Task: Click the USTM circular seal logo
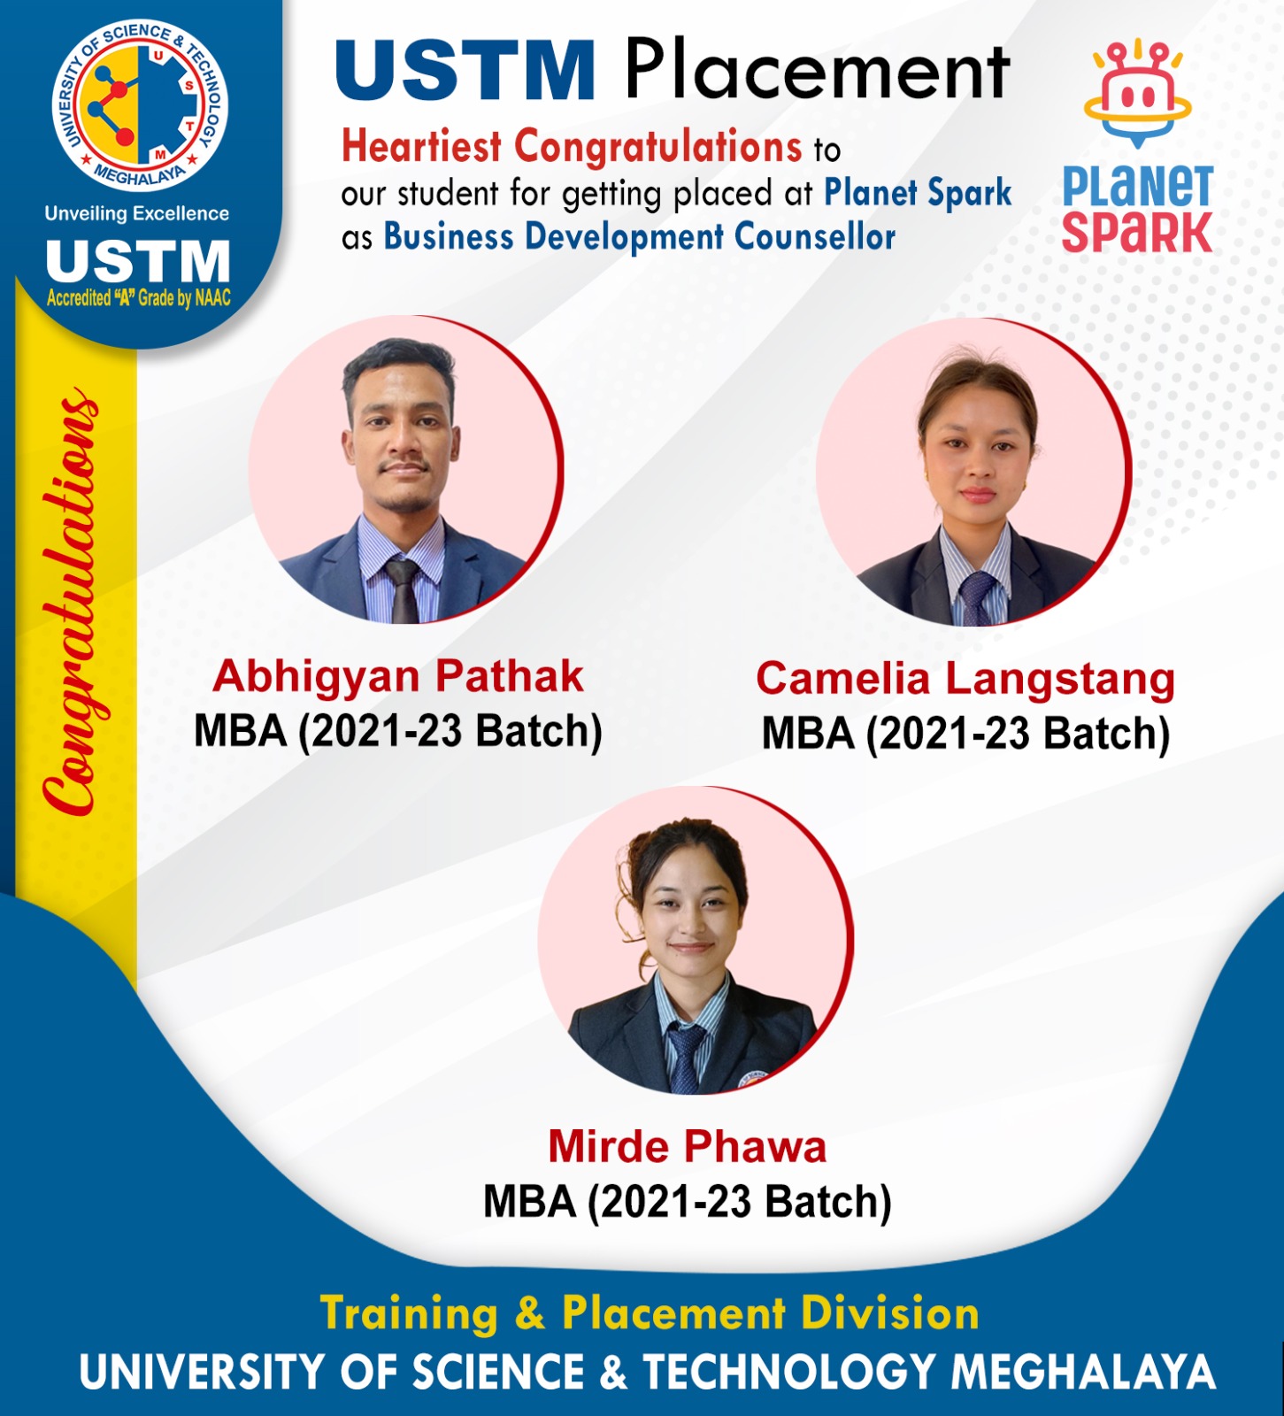tap(140, 104)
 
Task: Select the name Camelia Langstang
tap(965, 681)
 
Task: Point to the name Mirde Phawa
tap(688, 1147)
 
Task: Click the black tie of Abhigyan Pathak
tap(404, 591)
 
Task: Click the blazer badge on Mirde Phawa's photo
tap(752, 1080)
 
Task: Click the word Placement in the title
tap(817, 71)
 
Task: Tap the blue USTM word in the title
tap(465, 71)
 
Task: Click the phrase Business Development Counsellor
tap(639, 237)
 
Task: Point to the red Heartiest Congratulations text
tap(572, 146)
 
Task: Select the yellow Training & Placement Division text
tap(650, 1313)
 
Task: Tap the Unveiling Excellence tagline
tap(137, 213)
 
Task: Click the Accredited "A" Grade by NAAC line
tap(138, 298)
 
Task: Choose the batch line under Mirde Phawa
tap(688, 1202)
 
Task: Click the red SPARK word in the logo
tap(1137, 233)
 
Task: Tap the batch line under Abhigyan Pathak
tap(398, 732)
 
